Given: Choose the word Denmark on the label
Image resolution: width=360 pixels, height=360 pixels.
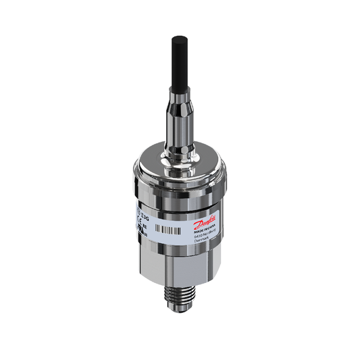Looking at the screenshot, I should [203, 243].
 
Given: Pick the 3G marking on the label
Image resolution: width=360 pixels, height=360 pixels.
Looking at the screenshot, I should [145, 217].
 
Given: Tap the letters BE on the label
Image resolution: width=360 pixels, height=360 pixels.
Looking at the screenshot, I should [144, 228].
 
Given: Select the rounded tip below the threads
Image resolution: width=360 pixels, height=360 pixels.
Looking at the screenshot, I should [180, 327].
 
